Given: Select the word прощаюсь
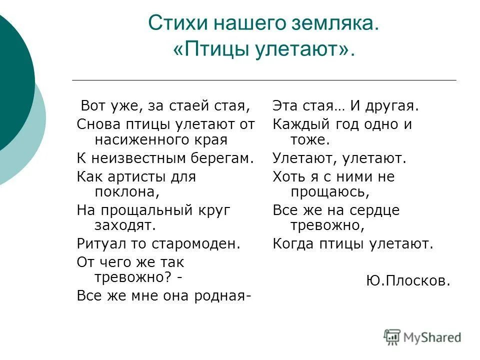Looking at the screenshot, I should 329,192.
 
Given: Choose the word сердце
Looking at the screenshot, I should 373,210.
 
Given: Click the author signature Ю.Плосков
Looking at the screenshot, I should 407,281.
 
